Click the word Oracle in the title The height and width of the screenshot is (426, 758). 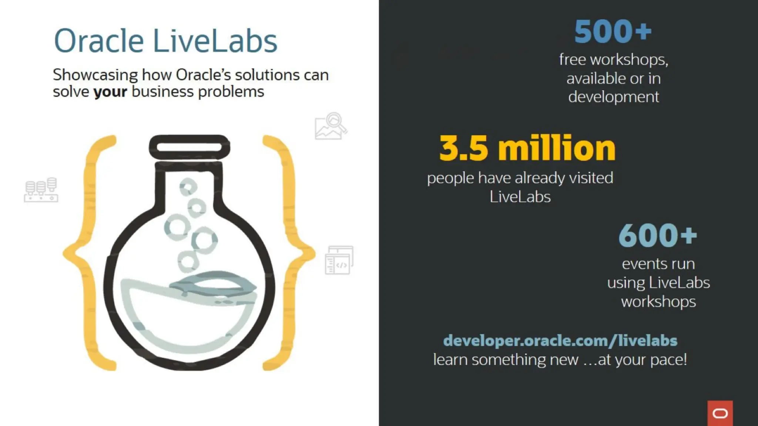pyautogui.click(x=99, y=41)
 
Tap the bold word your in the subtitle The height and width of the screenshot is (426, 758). pyautogui.click(x=110, y=92)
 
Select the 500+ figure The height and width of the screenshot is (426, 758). pyautogui.click(x=613, y=32)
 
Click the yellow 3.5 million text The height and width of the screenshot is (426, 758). pyautogui.click(x=527, y=148)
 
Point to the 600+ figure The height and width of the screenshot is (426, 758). pyautogui.click(x=657, y=236)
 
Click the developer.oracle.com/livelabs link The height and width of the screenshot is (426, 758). pyautogui.click(x=560, y=341)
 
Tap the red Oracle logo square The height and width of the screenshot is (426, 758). pyautogui.click(x=720, y=413)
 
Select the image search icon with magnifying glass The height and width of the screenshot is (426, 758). pyautogui.click(x=331, y=126)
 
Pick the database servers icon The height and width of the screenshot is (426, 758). pyautogui.click(x=41, y=190)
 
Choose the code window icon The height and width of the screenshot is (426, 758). pyautogui.click(x=339, y=260)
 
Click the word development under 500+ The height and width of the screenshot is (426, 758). pyautogui.click(x=613, y=97)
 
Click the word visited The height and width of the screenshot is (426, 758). pyautogui.click(x=591, y=178)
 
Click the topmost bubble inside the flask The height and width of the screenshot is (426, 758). pyautogui.click(x=188, y=187)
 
